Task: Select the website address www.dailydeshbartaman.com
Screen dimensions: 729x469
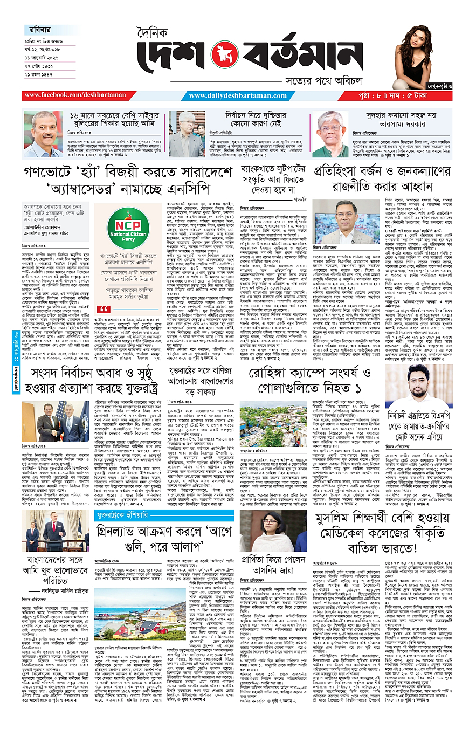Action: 246,95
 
